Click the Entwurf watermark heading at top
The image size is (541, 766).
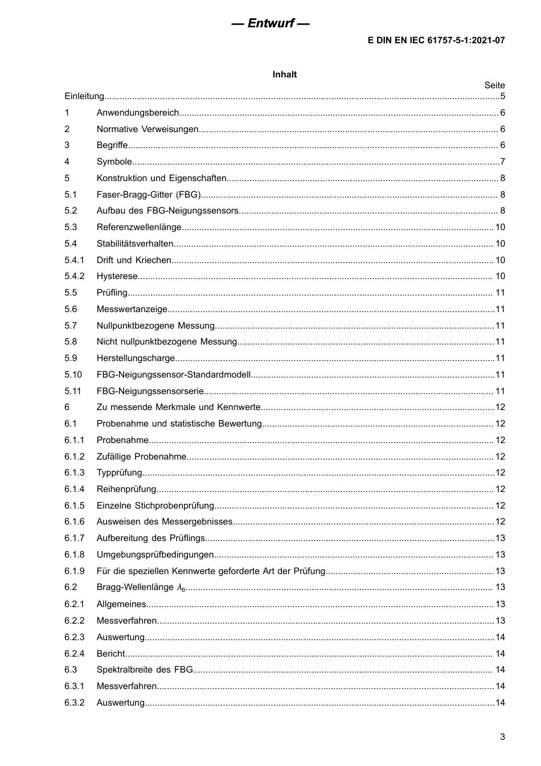coord(270,23)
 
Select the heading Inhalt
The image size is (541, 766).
coord(284,75)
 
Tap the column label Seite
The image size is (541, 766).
coord(494,85)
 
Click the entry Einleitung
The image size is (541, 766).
coord(84,96)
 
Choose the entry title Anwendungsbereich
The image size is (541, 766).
coord(138,113)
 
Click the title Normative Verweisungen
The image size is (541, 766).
coord(147,129)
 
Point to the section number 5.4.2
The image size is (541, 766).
coord(74,276)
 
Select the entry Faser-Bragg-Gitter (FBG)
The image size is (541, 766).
coord(149,195)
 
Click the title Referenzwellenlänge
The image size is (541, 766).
coord(139,227)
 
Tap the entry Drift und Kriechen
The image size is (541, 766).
coord(134,260)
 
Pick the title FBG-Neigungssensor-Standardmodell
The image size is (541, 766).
coord(174,375)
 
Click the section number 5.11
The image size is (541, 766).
coord(73,391)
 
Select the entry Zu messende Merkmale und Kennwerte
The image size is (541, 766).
coord(178,407)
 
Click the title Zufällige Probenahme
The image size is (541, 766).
coord(141,457)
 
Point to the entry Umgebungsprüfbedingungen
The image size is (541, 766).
coord(155,555)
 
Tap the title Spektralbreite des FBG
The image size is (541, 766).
coord(145,670)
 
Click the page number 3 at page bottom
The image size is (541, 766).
coord(502,737)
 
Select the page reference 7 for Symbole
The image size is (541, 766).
coord(502,162)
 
